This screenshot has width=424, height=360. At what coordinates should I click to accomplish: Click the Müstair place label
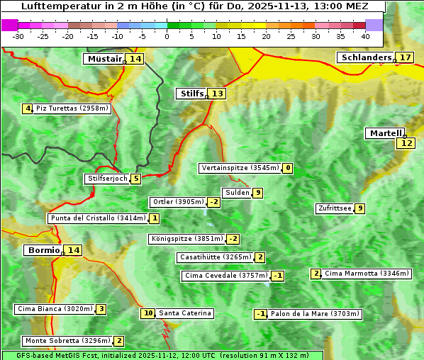[104, 59]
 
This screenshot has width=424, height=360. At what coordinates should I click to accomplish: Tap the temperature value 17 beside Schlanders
[405, 57]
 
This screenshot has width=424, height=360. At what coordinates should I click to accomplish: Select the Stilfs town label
[191, 94]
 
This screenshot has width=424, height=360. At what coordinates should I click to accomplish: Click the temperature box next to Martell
[406, 143]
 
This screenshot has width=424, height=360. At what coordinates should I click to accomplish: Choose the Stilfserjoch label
[107, 179]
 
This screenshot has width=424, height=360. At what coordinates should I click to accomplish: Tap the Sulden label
[237, 193]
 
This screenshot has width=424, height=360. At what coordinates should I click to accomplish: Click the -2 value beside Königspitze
[233, 239]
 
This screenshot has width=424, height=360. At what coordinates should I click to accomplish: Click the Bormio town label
[43, 250]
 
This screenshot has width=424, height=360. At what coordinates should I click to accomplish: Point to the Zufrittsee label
[335, 208]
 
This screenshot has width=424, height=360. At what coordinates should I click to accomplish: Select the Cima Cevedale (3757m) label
[225, 276]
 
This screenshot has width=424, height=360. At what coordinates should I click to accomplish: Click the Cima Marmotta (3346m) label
[367, 274]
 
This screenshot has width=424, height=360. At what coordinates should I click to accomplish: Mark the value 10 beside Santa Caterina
[148, 313]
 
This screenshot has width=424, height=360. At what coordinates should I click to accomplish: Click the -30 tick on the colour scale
[18, 35]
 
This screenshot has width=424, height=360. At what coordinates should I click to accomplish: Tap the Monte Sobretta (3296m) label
[67, 341]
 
